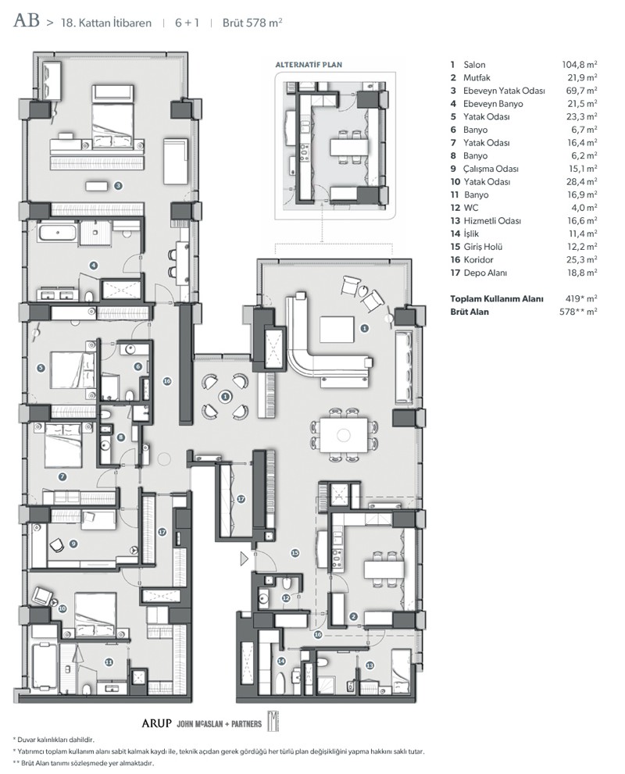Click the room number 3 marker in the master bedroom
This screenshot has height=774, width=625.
[118, 186]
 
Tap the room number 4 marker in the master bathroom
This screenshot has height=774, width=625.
[93, 266]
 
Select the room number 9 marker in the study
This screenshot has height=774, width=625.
[73, 544]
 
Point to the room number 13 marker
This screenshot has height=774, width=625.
[370, 665]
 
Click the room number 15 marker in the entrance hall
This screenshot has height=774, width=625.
[295, 553]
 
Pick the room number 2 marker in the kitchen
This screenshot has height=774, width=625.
[353, 616]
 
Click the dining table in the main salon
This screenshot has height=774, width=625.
[344, 435]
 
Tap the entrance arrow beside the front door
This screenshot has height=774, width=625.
[244, 558]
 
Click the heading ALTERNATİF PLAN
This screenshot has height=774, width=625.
[309, 65]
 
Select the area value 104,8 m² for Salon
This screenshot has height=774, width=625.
[580, 64]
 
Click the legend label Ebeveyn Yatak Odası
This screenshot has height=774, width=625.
[504, 91]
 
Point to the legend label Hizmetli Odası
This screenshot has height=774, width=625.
[492, 221]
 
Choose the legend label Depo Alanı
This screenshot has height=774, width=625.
[485, 273]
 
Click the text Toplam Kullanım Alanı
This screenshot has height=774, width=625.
[497, 298]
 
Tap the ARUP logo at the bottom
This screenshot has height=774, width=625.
[156, 724]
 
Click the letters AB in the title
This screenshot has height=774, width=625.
[27, 20]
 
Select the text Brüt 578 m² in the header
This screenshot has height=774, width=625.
[252, 23]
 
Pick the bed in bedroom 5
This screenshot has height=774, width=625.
[73, 369]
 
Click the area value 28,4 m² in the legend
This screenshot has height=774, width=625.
[581, 182]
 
